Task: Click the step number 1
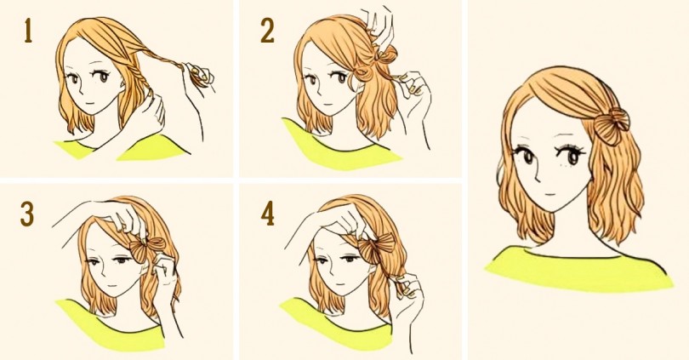pos(28,31)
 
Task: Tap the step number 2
pos(267,31)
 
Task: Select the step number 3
pos(27,215)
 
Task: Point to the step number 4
pos(268,215)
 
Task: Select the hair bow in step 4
pos(380,249)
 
